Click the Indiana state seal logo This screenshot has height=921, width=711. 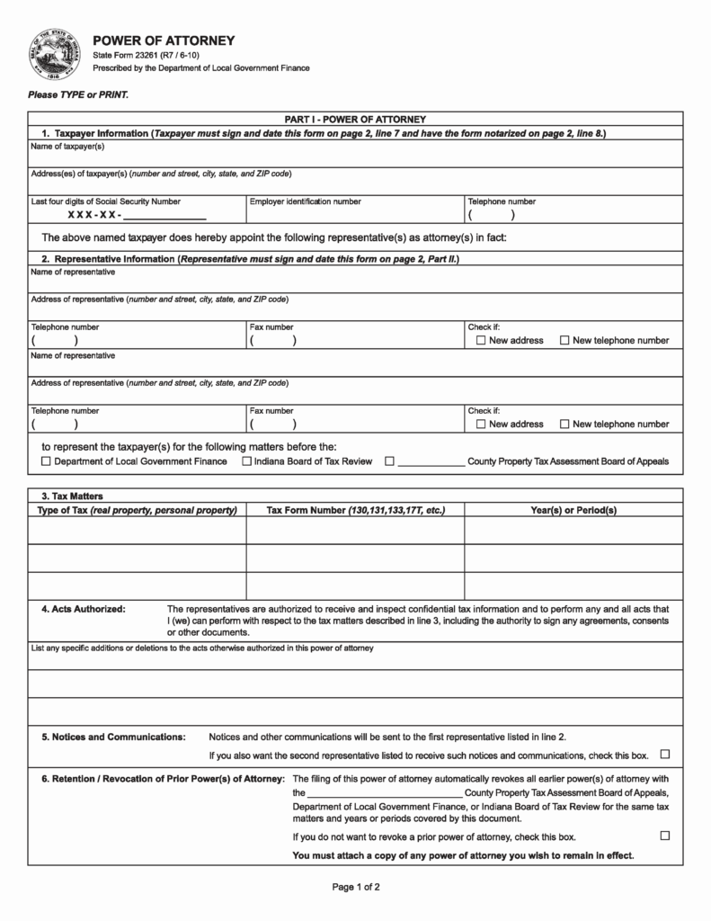(x=57, y=54)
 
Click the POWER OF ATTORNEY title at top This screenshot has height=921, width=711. (x=164, y=40)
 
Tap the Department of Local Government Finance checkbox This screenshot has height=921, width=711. (x=47, y=461)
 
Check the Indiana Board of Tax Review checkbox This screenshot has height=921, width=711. (x=247, y=461)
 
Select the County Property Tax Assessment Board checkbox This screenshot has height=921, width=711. (x=389, y=461)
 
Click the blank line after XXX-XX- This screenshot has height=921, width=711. (x=164, y=217)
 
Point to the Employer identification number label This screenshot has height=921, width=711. (x=306, y=201)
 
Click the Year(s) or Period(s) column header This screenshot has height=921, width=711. (x=573, y=510)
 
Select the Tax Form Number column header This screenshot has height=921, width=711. (x=355, y=510)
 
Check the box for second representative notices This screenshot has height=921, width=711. (x=665, y=754)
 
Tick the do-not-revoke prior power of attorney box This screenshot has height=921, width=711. (x=665, y=836)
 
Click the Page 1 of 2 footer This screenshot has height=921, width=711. (x=356, y=888)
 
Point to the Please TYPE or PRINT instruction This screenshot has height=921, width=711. (x=78, y=94)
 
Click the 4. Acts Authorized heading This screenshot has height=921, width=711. (x=84, y=609)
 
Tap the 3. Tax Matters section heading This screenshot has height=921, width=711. (x=73, y=496)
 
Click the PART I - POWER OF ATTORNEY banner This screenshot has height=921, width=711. (x=355, y=119)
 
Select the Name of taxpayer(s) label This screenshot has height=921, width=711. (x=68, y=147)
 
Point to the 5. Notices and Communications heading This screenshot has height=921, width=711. (x=113, y=737)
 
